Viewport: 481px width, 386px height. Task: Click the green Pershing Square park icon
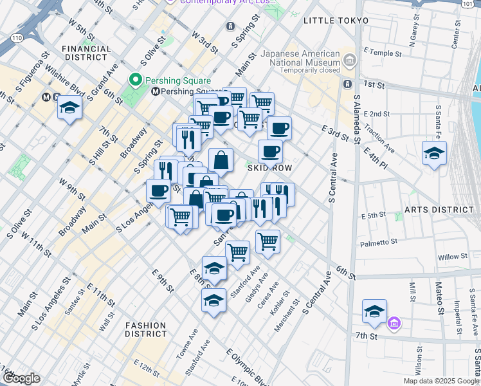pos(135,80)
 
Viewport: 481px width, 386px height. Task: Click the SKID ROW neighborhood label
pos(270,168)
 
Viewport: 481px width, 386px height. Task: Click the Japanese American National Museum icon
pos(350,61)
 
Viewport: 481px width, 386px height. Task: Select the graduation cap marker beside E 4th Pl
pos(434,153)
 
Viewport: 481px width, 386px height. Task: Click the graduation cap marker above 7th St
pos(374,311)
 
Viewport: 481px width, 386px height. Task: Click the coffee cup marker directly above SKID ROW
pos(270,151)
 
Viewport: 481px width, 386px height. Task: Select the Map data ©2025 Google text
pos(440,381)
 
